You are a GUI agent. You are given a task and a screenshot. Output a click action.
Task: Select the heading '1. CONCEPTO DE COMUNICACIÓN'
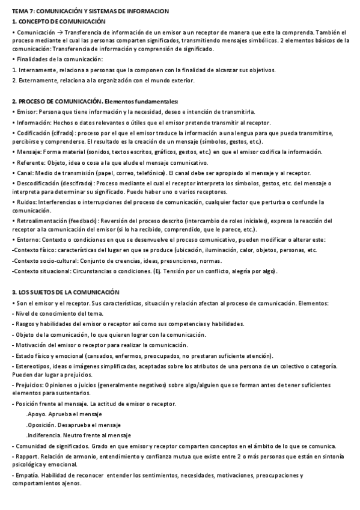pos(58,21)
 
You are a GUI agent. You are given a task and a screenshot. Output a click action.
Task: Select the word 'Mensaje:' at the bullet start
pos(29,152)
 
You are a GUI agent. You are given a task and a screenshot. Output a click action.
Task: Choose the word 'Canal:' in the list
pos(25,173)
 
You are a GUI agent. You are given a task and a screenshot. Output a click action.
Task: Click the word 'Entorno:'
pos(28,239)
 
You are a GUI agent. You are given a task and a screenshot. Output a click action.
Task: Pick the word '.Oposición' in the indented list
pos(41,425)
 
